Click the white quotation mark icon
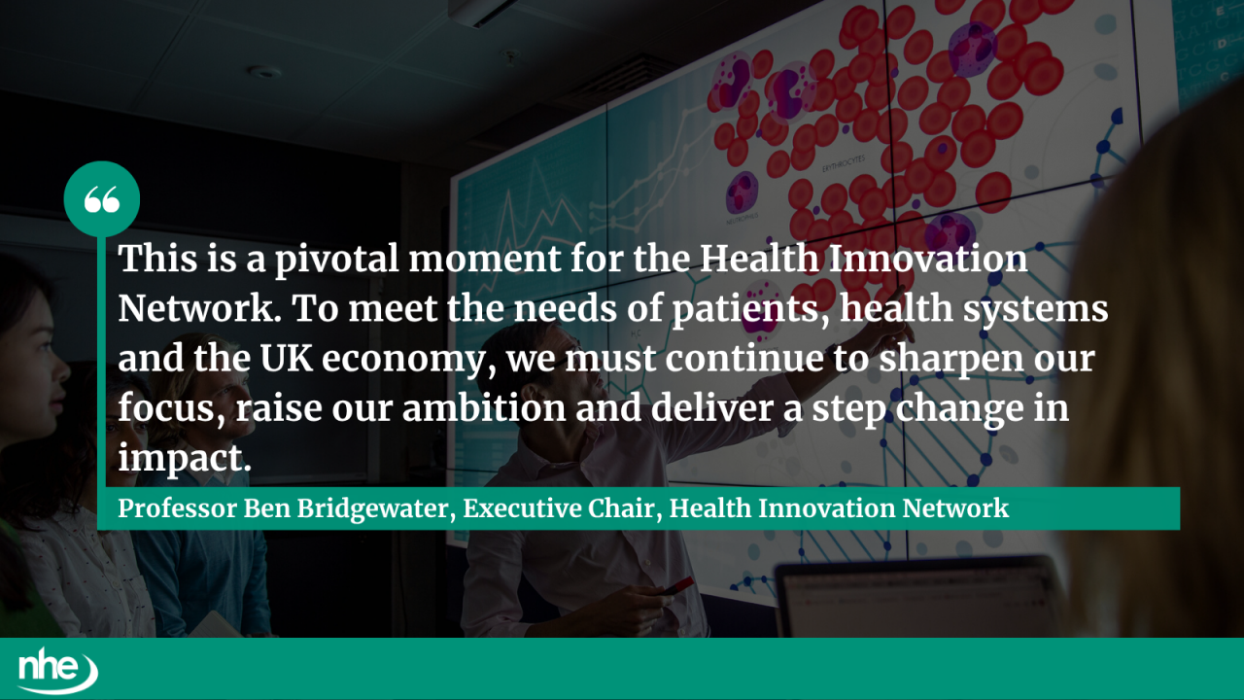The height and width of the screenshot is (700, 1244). pyautogui.click(x=101, y=199)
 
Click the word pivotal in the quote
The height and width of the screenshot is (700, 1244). pyautogui.click(x=327, y=261)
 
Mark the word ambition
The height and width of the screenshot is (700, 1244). pyautogui.click(x=483, y=407)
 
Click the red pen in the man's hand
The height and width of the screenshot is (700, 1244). pyautogui.click(x=677, y=586)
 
